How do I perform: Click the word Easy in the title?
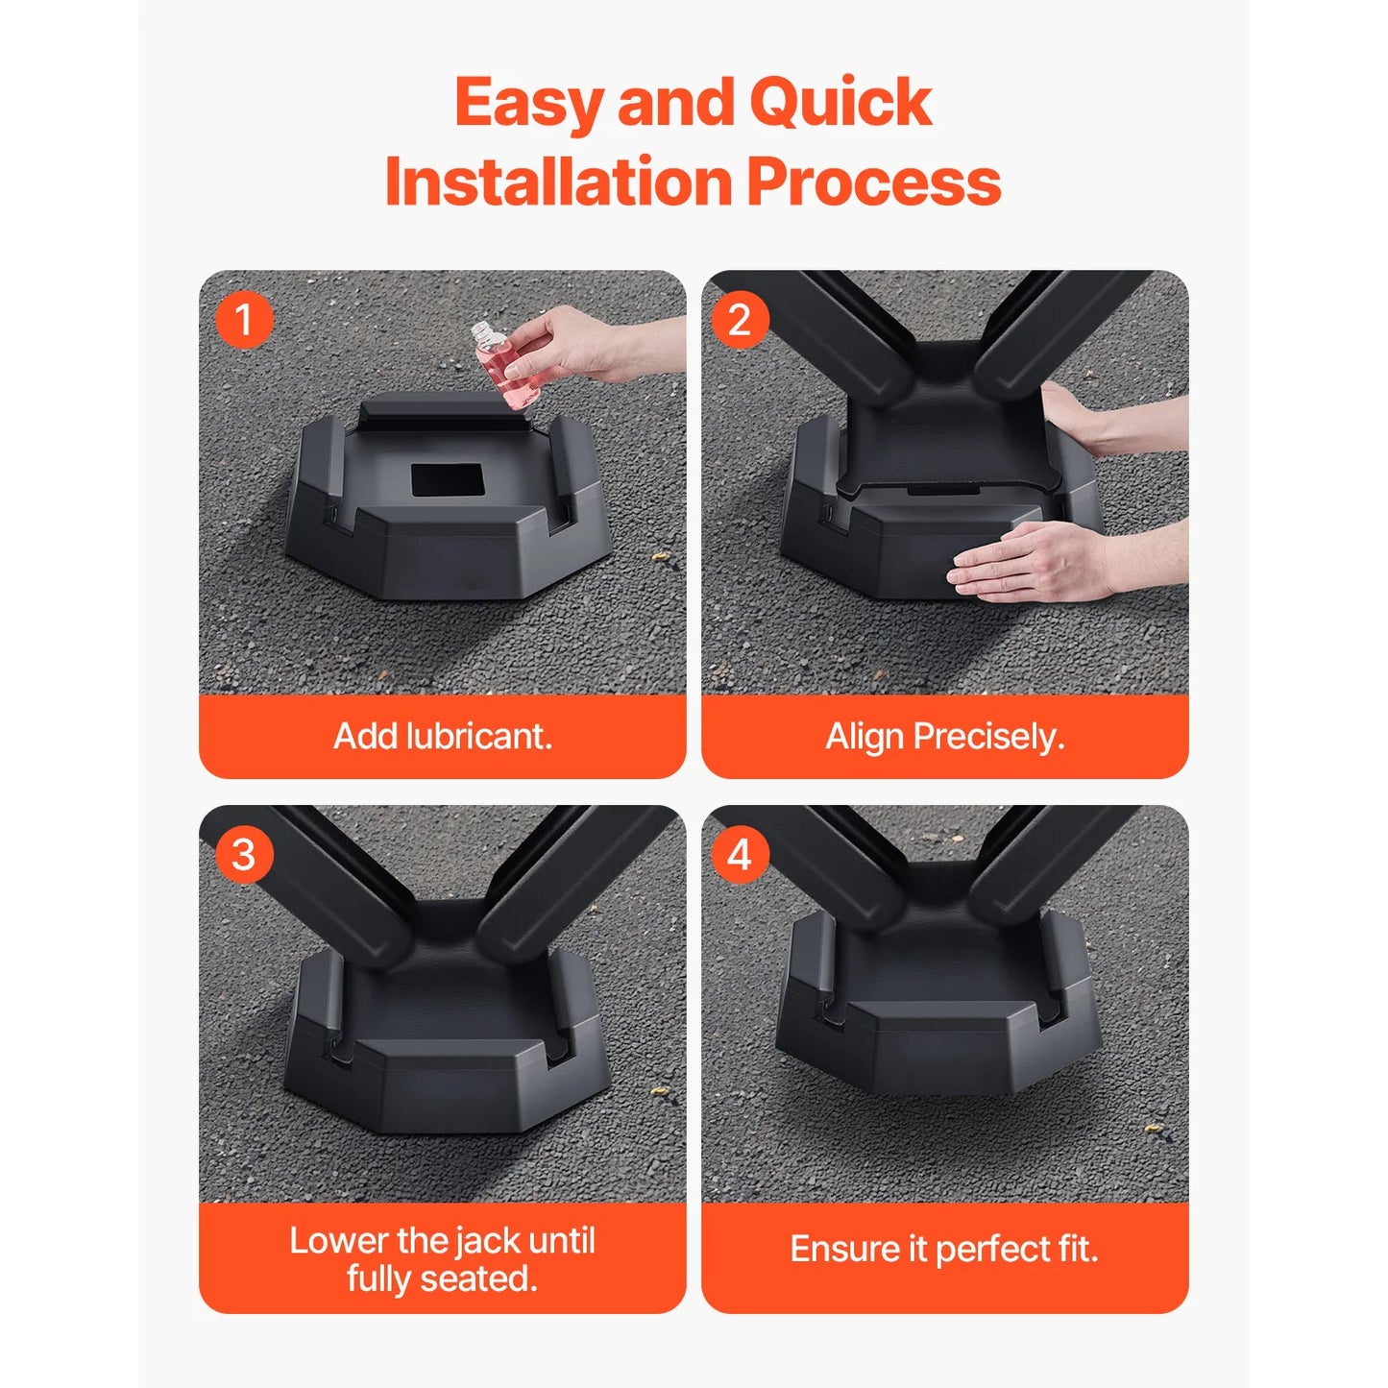[x=529, y=104]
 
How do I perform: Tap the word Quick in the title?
[x=840, y=102]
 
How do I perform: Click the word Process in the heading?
[x=873, y=183]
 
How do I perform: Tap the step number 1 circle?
[x=244, y=320]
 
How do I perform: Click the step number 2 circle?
[x=739, y=320]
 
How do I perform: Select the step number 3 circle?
[x=244, y=854]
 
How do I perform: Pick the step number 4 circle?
[x=739, y=854]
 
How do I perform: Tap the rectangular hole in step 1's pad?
[x=447, y=480]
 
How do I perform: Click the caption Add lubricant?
[x=442, y=737]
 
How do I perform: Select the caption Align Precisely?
[x=945, y=737]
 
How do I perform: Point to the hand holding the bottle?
[x=576, y=343]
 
